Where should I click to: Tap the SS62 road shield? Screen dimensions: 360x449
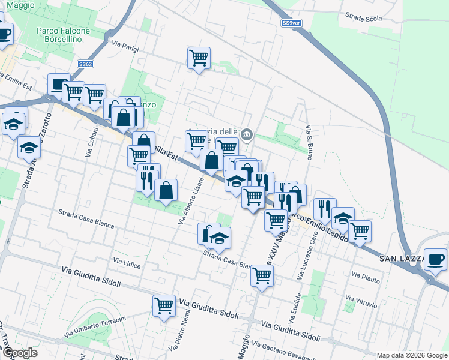click(86, 64)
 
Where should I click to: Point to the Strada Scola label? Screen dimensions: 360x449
click(363, 18)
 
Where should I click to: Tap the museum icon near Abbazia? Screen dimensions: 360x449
click(246, 134)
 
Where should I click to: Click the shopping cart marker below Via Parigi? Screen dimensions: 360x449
click(199, 58)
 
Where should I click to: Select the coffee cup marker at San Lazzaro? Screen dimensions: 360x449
click(435, 259)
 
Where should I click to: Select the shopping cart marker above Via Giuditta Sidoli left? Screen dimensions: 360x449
click(164, 305)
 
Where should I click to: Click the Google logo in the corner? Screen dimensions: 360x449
click(20, 353)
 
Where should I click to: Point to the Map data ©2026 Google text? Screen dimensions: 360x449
click(412, 355)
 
